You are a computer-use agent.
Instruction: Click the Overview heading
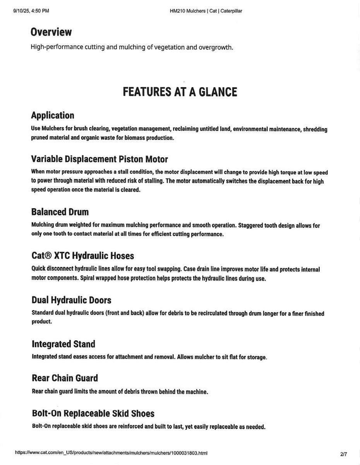pos(51,32)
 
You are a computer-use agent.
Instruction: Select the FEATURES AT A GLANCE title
pos(180,92)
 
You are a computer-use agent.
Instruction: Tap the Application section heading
pos(53,115)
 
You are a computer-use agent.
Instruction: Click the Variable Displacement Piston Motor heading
pos(99,159)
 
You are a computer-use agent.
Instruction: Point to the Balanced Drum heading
pos(60,212)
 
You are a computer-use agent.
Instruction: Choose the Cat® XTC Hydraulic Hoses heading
pos(83,256)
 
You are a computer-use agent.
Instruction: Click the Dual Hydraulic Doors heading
pos(72,300)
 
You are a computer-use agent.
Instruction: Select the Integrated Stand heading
pos(63,344)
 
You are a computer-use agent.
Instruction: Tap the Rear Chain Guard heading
pos(65,378)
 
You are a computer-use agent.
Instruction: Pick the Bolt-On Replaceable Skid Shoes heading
pos(93,413)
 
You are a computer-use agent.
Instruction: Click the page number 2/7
pos(344,453)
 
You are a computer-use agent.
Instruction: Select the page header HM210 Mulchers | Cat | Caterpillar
pos(206,11)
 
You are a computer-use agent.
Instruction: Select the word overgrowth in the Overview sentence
pos(215,47)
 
